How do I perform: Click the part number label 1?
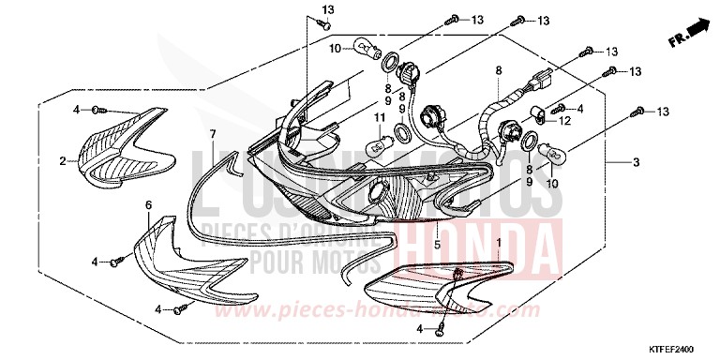pyautogui.click(x=498, y=243)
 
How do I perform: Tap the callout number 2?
pyautogui.click(x=64, y=161)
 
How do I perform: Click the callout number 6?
pyautogui.click(x=148, y=203)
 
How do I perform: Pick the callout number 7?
pyautogui.click(x=214, y=133)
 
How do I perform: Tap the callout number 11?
pyautogui.click(x=380, y=116)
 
